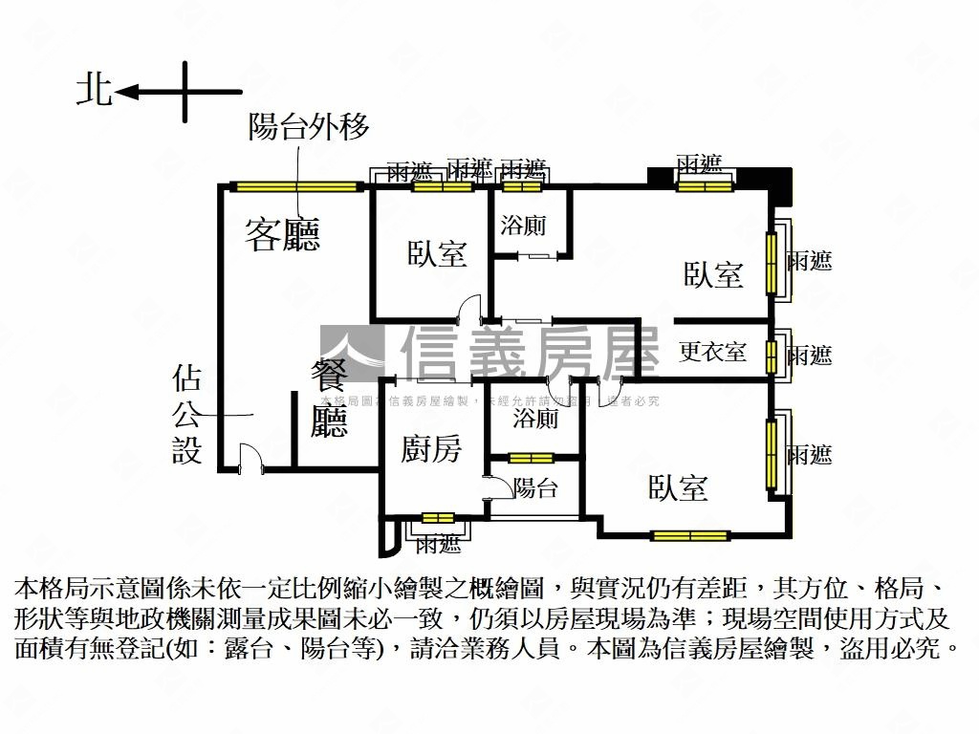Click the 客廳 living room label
click(282, 234)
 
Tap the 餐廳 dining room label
click(329, 399)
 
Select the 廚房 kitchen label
click(431, 449)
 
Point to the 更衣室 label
click(713, 352)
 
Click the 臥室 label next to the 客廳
click(437, 254)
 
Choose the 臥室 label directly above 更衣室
click(713, 275)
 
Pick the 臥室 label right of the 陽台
click(679, 488)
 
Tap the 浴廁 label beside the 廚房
click(535, 419)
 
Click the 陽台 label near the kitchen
click(535, 488)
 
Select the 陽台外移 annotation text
click(308, 127)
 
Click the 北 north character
click(94, 91)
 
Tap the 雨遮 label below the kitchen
click(439, 545)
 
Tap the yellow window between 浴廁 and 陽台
click(531, 457)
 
